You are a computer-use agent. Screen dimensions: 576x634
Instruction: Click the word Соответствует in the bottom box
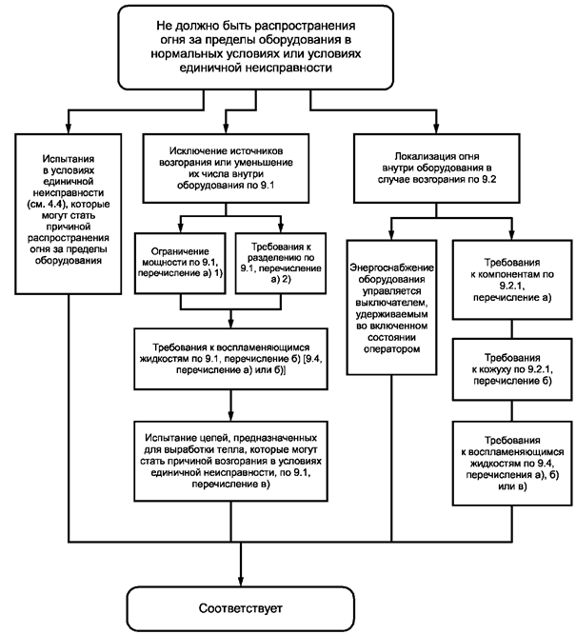[240, 608]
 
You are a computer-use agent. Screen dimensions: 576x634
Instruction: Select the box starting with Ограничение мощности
[180, 263]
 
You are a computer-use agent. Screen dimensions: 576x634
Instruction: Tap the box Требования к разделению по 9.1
[281, 263]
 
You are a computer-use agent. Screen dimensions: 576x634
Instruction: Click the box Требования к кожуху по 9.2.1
[512, 369]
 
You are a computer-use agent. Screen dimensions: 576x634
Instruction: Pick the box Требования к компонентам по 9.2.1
[512, 280]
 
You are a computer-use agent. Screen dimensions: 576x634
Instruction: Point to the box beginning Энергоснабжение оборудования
[391, 307]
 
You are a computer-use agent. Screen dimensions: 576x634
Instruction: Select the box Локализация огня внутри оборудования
[436, 168]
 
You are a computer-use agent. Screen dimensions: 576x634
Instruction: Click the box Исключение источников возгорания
[226, 168]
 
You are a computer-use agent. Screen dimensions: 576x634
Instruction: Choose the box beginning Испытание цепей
[231, 461]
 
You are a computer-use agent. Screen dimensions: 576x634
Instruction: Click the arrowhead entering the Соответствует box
[241, 582]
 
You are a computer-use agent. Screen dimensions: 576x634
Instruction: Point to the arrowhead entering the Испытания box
[69, 129]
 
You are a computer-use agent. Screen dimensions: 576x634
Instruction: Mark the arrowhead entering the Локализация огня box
[436, 129]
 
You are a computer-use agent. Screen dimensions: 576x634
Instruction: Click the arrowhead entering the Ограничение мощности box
[180, 228]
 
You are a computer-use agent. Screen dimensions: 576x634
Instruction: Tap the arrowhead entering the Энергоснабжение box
[391, 235]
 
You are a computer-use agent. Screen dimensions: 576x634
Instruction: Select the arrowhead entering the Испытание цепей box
[231, 416]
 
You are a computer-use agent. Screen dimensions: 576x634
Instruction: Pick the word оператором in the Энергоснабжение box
[391, 349]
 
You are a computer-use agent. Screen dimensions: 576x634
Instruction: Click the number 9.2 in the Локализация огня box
[487, 179]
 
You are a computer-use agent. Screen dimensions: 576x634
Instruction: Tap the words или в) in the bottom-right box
[512, 486]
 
